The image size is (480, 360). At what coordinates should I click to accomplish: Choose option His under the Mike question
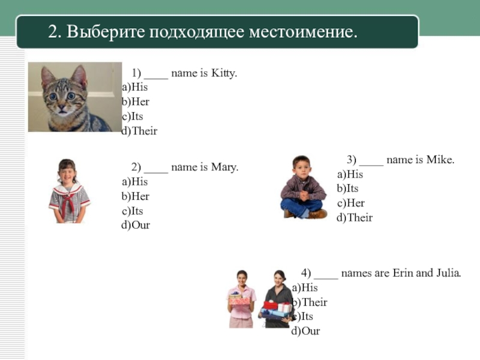click(351, 175)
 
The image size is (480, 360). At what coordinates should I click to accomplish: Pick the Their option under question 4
click(311, 302)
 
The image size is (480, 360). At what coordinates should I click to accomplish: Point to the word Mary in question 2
click(224, 167)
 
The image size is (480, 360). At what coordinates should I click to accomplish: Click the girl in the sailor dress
click(68, 192)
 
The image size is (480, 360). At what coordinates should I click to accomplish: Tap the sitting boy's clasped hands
click(304, 196)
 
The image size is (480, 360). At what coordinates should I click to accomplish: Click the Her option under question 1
click(136, 102)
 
